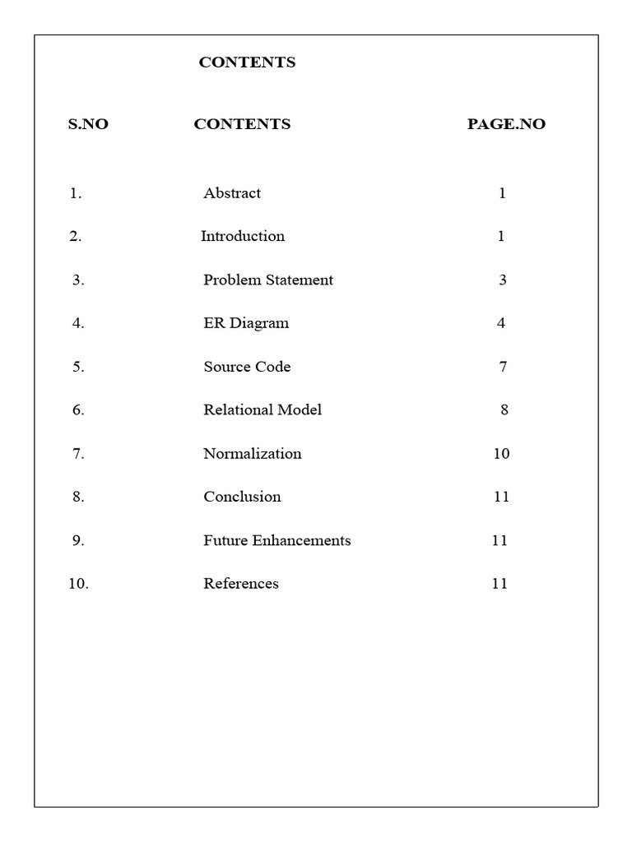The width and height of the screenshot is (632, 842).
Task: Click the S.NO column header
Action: click(88, 124)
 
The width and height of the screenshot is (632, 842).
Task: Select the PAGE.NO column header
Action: click(506, 124)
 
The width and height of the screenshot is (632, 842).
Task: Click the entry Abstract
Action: click(232, 193)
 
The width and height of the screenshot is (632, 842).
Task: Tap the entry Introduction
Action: click(243, 236)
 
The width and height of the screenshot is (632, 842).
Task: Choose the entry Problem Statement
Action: click(268, 280)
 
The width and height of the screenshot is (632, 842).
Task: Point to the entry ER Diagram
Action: click(246, 323)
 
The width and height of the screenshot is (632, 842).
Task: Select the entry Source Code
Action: click(247, 367)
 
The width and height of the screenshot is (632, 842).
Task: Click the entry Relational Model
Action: click(263, 409)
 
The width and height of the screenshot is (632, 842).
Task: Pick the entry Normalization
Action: click(252, 453)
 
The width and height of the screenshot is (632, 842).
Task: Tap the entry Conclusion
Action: click(242, 497)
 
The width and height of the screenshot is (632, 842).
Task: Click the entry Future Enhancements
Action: click(277, 540)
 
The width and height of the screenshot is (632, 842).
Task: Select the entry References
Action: click(241, 584)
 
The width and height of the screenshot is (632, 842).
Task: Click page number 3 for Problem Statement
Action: click(503, 280)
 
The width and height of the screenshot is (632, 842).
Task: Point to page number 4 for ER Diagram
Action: click(501, 323)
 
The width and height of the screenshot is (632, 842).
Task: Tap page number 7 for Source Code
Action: click(503, 367)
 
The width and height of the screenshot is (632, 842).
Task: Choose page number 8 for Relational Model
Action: click(504, 409)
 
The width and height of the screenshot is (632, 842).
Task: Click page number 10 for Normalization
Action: click(501, 453)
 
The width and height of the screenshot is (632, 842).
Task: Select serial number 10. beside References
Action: click(78, 584)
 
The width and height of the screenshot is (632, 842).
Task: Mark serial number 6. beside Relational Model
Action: click(78, 409)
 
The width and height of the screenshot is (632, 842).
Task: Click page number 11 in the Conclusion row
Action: click(501, 497)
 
